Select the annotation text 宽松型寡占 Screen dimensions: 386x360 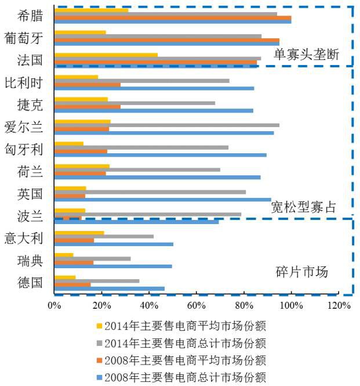point(303,207)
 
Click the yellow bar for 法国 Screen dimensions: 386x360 point(106,55)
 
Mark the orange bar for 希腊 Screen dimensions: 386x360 point(172,18)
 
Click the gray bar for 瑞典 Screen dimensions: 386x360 point(92,258)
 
